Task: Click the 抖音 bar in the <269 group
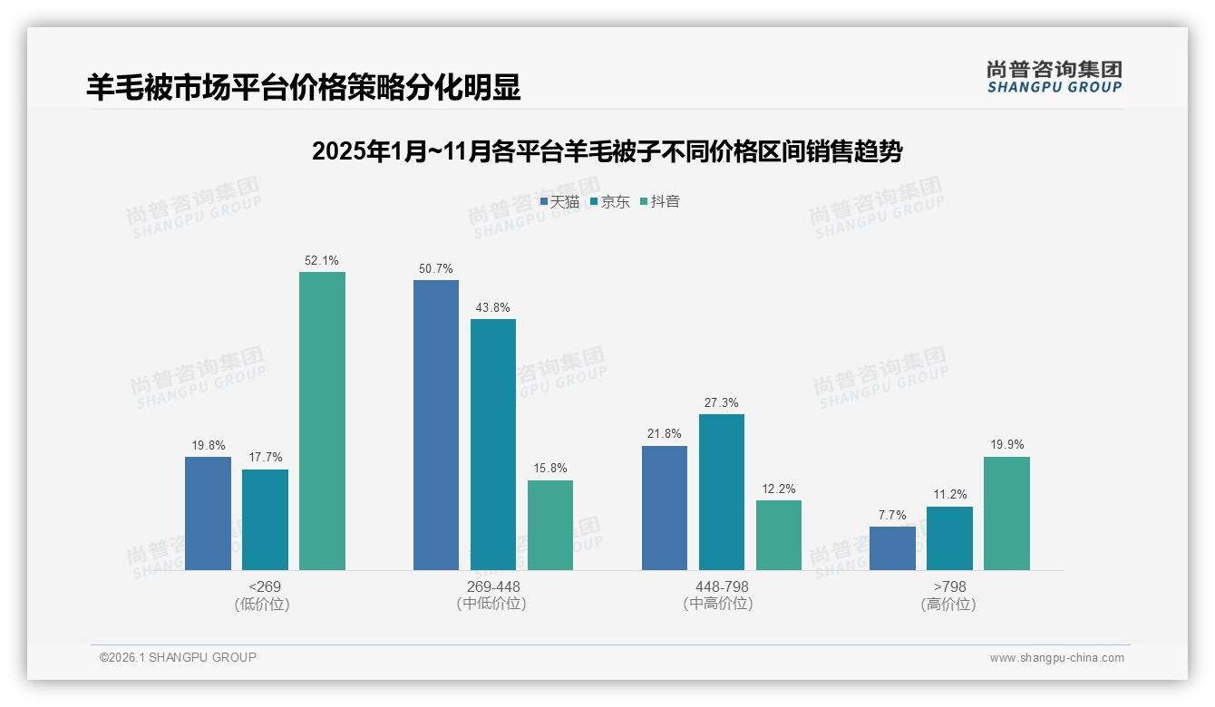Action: tap(322, 421)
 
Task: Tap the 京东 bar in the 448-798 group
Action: tap(721, 491)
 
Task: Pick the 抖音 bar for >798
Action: tap(1006, 513)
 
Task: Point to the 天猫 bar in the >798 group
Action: tap(892, 547)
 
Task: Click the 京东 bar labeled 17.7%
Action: tap(265, 519)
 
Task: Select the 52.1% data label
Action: tap(322, 260)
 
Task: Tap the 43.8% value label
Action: tap(492, 307)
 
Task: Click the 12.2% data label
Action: tap(778, 489)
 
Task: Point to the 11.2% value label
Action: tap(949, 495)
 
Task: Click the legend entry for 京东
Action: tap(610, 202)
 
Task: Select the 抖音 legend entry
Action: tap(660, 202)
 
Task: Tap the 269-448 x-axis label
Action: tap(492, 586)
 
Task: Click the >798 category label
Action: tap(949, 586)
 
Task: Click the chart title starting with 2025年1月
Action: tap(607, 151)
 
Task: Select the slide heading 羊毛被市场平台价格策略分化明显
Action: tap(304, 87)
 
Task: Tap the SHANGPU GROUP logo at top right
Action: tap(1054, 77)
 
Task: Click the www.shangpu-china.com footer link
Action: tap(1056, 658)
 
